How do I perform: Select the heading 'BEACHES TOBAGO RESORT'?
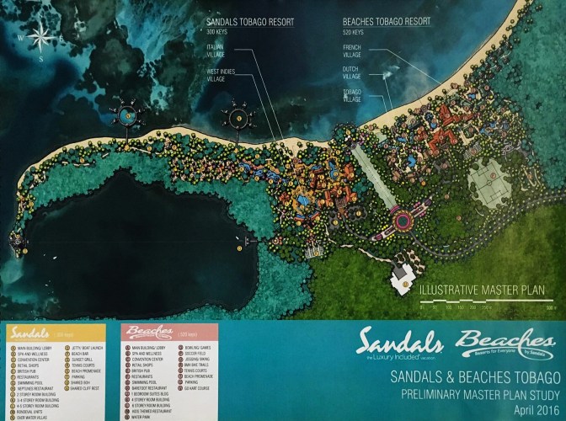point(387,20)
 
